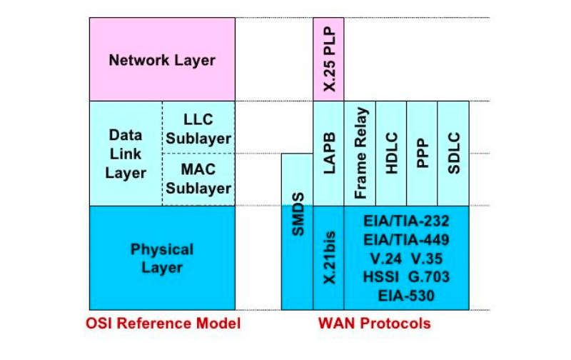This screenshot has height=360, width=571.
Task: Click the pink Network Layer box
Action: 162,59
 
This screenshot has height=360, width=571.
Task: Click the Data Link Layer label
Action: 125,154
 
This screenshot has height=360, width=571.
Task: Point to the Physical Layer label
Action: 162,258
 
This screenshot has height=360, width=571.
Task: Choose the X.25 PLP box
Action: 329,59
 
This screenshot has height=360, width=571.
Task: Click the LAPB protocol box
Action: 329,154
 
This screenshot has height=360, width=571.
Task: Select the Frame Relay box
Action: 360,154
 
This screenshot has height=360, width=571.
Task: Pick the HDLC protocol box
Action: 391,154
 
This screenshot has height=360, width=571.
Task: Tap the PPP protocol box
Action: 422,154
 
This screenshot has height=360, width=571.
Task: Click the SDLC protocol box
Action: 453,154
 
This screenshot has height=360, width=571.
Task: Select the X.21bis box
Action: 329,258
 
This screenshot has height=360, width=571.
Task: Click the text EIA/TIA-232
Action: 407,221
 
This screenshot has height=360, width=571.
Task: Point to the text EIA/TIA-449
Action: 407,239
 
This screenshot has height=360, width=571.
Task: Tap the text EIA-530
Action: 407,294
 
